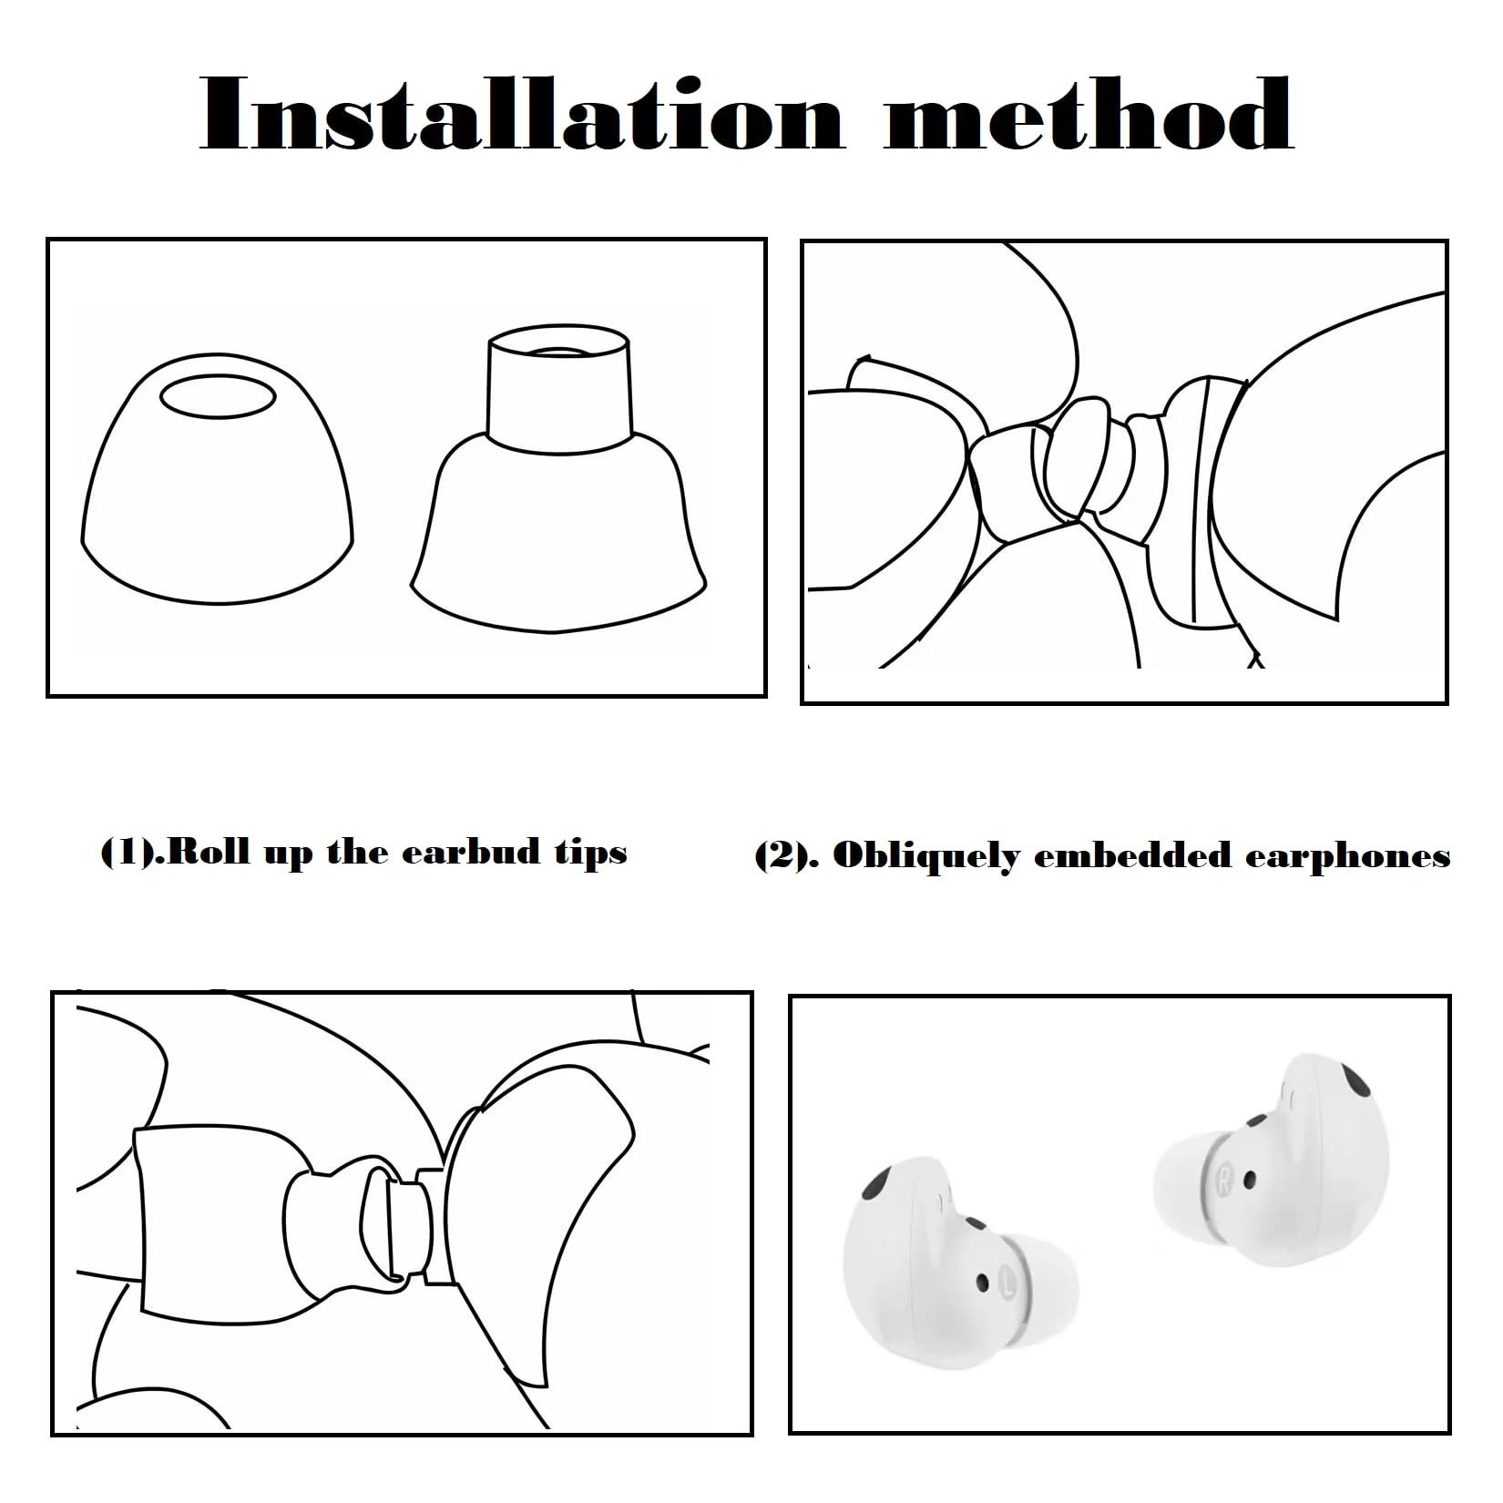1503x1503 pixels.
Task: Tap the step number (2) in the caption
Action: [x=778, y=856]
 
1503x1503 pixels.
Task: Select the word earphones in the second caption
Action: [x=1347, y=858]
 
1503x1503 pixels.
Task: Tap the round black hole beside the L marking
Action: [x=982, y=1282]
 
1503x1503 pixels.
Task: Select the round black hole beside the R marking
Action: [x=1249, y=1181]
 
